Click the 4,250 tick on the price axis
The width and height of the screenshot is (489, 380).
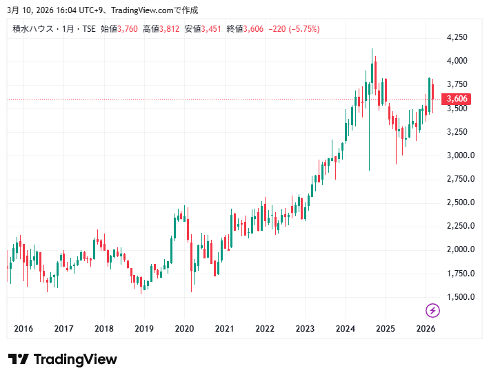point(457,37)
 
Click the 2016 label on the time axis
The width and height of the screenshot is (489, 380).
point(23,329)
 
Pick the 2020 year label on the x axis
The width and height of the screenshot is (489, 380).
point(184,329)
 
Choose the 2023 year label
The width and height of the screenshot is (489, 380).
point(305,329)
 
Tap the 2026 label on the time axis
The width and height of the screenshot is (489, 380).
point(426,329)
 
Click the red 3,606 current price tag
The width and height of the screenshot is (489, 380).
point(457,99)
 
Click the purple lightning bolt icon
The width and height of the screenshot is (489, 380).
point(433,310)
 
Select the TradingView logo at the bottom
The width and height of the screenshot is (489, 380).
point(63,359)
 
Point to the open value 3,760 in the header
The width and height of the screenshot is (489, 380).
point(128,29)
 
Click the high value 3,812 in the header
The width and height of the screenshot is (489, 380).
point(170,29)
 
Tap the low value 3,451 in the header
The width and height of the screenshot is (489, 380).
point(212,29)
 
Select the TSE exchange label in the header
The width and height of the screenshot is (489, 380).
point(89,29)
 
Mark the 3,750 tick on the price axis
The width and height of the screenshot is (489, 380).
point(457,84)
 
